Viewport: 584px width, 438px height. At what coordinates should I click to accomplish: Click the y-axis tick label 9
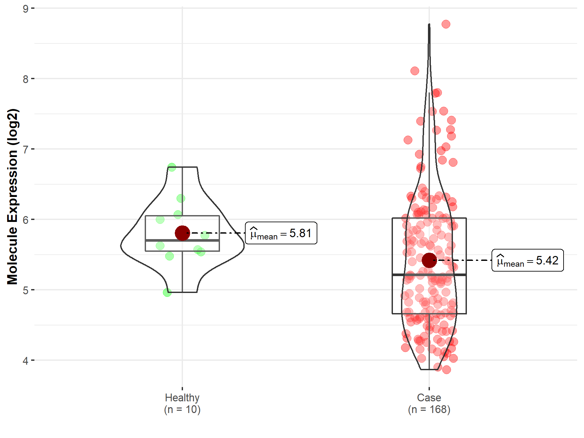[x=25, y=9]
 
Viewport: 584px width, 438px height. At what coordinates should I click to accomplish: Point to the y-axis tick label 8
[x=25, y=79]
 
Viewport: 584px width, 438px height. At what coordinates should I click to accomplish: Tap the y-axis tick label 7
[x=25, y=150]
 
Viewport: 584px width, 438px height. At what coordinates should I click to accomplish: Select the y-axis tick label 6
[x=25, y=220]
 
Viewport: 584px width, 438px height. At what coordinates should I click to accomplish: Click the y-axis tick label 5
[x=25, y=290]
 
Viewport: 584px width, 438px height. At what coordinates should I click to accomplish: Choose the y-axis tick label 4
[x=25, y=361]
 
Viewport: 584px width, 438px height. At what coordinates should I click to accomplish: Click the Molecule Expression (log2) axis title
[x=12, y=197]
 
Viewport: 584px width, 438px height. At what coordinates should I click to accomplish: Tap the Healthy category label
[x=182, y=397]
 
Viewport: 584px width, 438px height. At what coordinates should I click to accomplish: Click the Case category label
[x=429, y=397]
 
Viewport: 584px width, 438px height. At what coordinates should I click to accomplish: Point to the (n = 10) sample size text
[x=182, y=409]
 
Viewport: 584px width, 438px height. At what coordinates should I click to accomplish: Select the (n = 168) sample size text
[x=429, y=409]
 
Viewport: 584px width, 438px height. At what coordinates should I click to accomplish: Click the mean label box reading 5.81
[x=281, y=233]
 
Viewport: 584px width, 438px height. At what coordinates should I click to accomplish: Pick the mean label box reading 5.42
[x=528, y=260]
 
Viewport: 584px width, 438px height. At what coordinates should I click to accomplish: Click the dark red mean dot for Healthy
[x=182, y=233]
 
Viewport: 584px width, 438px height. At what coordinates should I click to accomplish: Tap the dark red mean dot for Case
[x=429, y=260]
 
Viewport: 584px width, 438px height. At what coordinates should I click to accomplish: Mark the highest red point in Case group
[x=446, y=24]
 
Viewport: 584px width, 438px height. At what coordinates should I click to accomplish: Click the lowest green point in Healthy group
[x=167, y=293]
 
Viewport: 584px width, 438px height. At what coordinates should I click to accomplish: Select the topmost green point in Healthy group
[x=172, y=167]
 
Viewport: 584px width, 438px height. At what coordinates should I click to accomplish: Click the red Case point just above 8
[x=415, y=71]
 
